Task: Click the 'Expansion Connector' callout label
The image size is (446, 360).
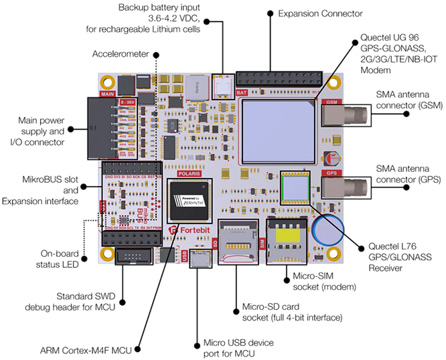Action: click(x=319, y=13)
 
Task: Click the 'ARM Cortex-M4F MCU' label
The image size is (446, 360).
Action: click(x=90, y=348)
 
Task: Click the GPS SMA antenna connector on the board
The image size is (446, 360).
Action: click(x=342, y=185)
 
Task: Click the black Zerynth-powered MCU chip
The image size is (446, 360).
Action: click(x=192, y=200)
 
